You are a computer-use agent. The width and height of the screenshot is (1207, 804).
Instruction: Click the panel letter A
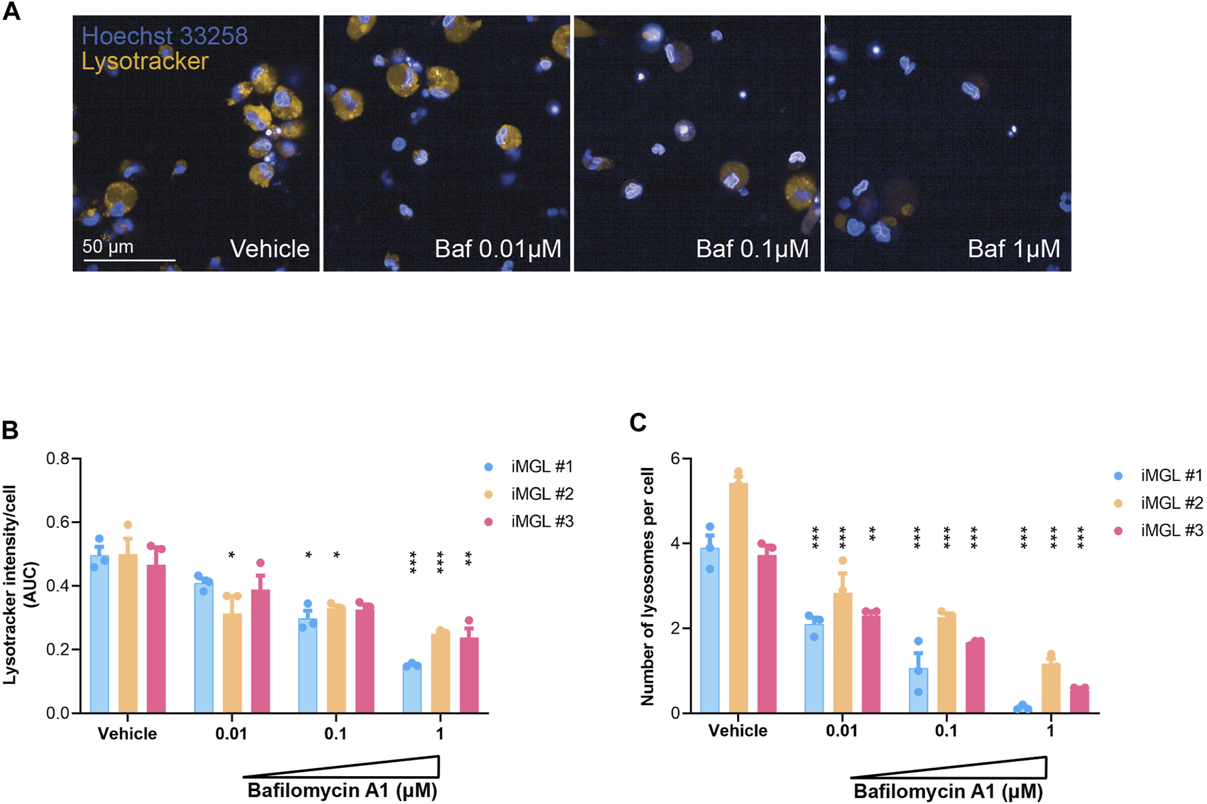[12, 12]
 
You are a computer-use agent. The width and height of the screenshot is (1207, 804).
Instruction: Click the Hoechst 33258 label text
[164, 35]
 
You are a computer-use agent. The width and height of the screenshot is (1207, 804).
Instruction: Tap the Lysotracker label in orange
[144, 61]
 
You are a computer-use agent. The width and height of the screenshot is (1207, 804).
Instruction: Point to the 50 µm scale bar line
[129, 260]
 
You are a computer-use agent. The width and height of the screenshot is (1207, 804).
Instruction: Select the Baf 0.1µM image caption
[752, 249]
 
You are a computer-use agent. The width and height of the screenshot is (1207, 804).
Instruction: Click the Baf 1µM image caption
[1014, 249]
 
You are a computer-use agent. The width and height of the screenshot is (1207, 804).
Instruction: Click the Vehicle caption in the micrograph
[269, 249]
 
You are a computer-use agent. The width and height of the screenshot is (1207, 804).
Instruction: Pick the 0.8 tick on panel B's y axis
[58, 459]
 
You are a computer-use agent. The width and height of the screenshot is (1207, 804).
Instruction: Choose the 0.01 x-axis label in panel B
[231, 734]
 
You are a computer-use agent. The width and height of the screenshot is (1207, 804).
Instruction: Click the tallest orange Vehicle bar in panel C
[738, 600]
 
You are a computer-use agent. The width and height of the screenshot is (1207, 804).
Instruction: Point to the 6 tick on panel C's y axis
[676, 459]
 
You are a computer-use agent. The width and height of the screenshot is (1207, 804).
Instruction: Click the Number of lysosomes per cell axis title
[647, 586]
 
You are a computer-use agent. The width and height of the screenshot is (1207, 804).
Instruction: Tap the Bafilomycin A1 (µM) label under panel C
[947, 792]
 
